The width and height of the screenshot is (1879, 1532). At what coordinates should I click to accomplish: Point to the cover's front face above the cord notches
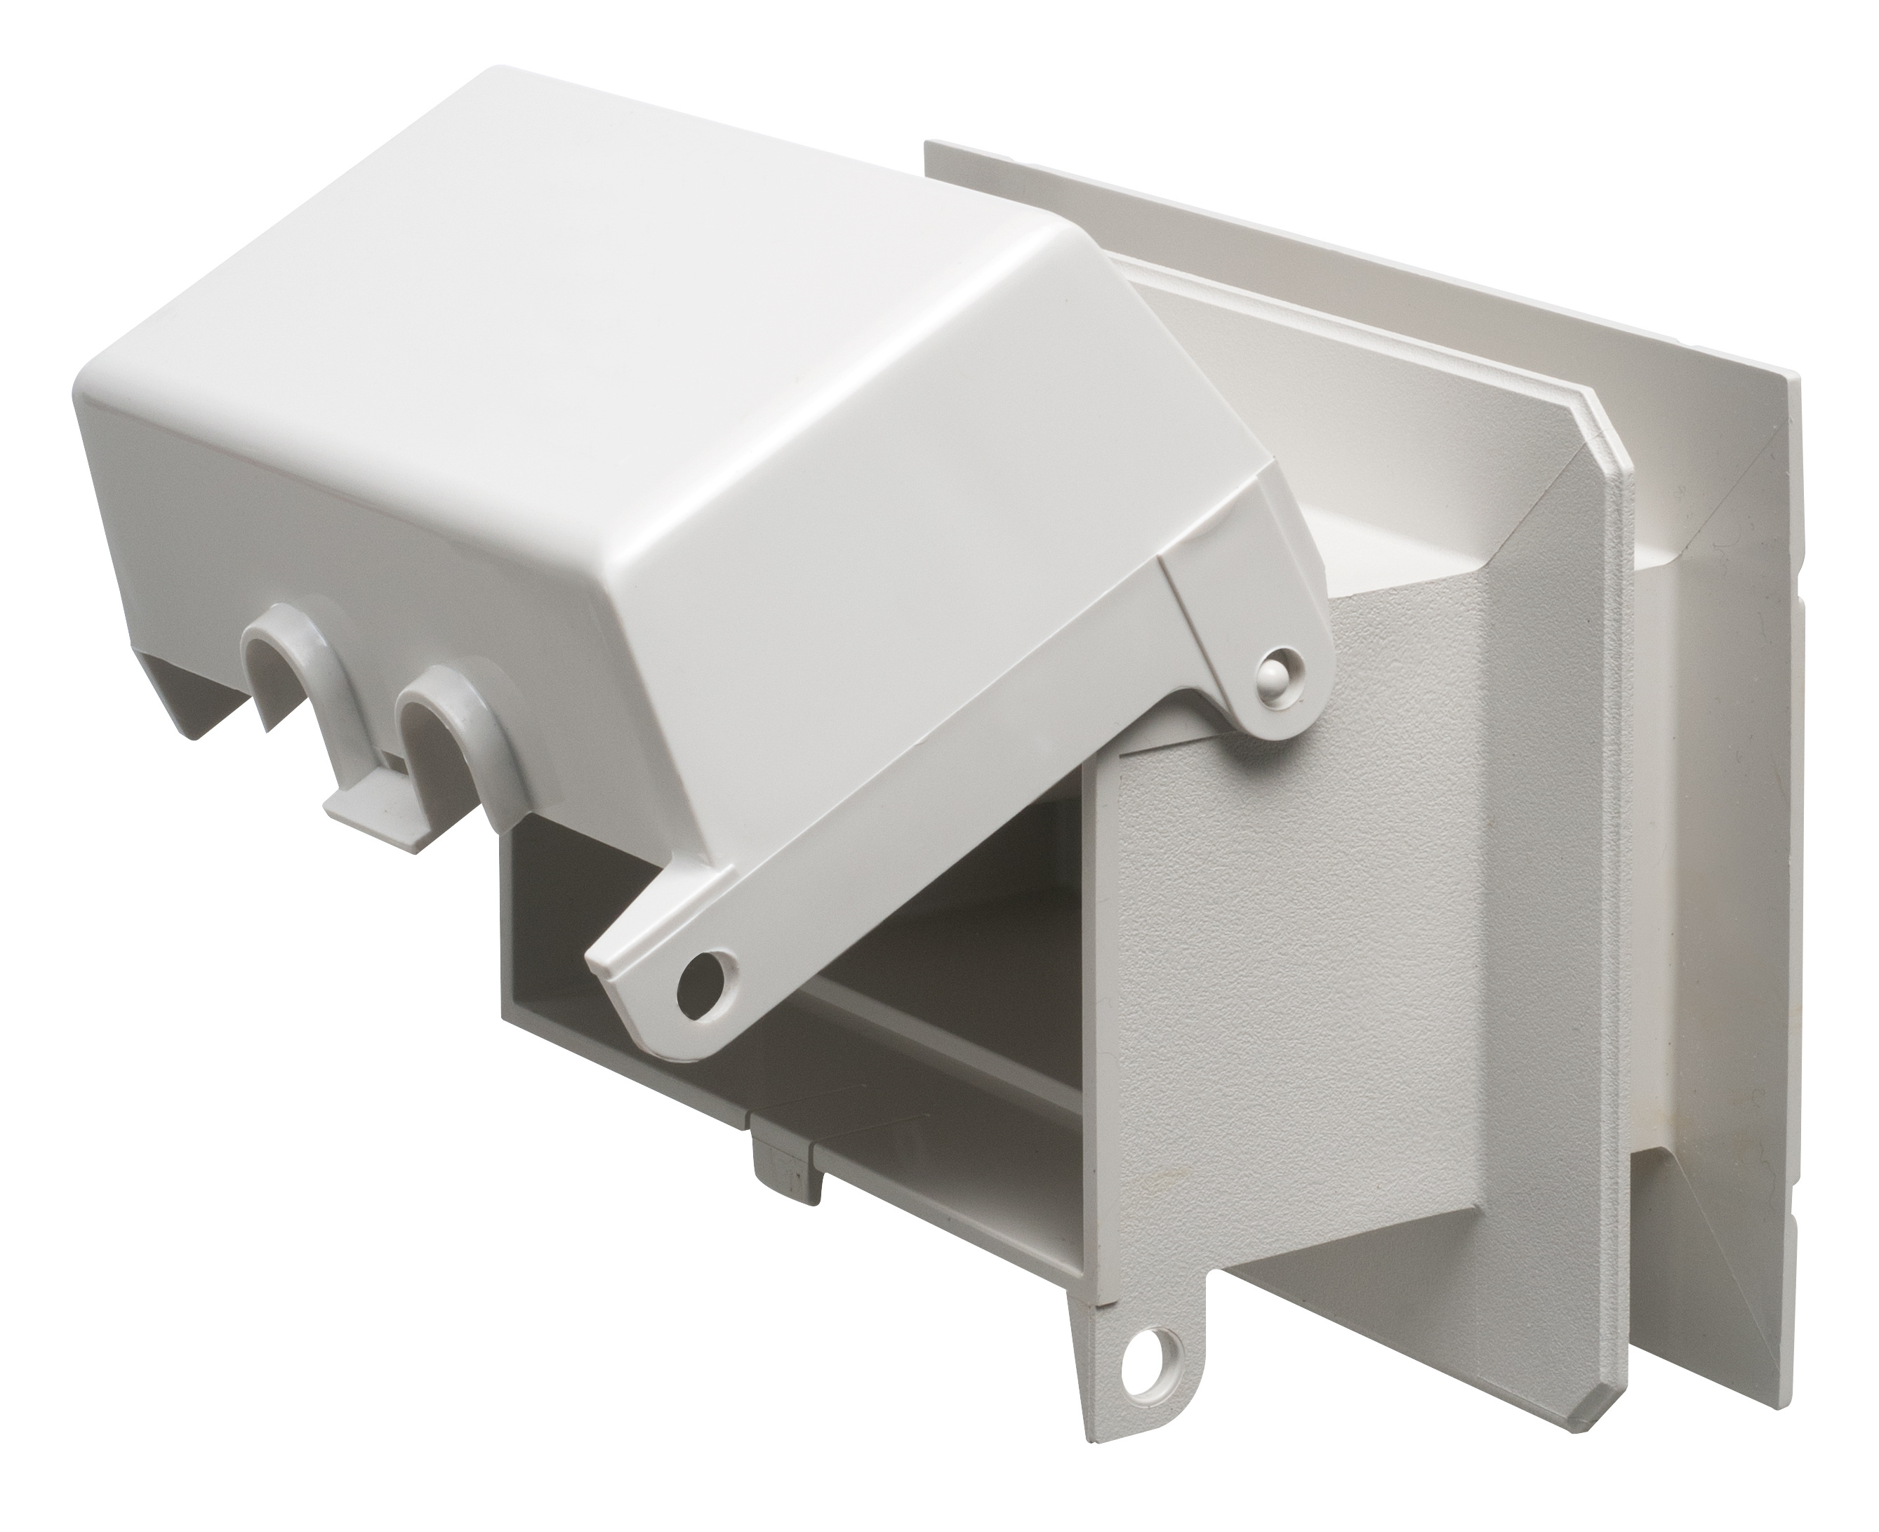coord(353,547)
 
